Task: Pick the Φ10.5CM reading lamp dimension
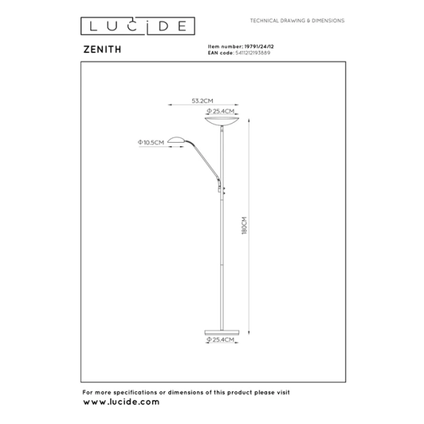click(152, 143)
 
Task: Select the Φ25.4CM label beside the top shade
click(220, 112)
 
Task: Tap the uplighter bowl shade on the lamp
click(223, 122)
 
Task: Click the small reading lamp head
click(176, 139)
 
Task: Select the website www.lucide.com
click(121, 401)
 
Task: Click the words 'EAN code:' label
click(214, 53)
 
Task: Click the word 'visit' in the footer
click(282, 392)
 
